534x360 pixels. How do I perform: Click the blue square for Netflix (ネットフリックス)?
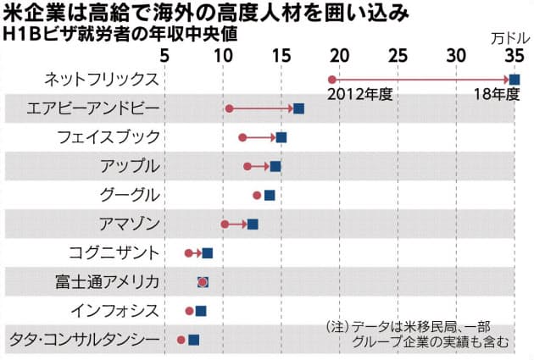point(514,80)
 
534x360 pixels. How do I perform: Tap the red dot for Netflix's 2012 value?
point(331,80)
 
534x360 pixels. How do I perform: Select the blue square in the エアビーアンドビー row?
point(298,108)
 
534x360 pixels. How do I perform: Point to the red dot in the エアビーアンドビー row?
point(229,108)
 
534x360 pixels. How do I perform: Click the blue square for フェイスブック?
point(281,137)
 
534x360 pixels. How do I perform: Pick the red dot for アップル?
point(248,166)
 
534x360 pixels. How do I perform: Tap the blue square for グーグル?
point(270,195)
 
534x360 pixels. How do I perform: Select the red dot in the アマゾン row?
point(225,224)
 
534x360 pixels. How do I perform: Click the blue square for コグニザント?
point(208,253)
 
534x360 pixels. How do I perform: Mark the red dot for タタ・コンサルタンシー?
point(181,340)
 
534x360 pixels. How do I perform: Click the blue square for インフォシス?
point(201,311)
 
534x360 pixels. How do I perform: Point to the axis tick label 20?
point(338,56)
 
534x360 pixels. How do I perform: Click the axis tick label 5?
point(164,56)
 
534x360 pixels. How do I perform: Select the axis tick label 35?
point(513,56)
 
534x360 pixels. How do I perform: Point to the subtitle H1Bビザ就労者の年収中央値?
point(120,35)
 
